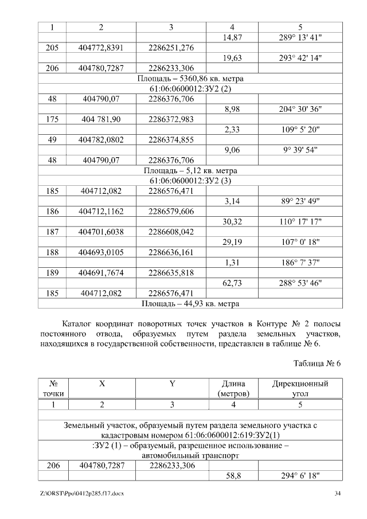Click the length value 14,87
tap(232, 37)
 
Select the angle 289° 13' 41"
tap(300, 37)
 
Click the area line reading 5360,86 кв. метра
tap(190, 79)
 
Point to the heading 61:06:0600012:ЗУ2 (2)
tap(190, 89)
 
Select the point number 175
tap(52, 119)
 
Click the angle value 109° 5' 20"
tap(300, 130)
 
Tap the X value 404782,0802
tap(101, 140)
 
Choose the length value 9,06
tap(232, 150)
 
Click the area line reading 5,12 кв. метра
tap(190, 170)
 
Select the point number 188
tap(52, 252)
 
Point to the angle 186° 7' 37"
tap(300, 262)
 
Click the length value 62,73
tap(232, 283)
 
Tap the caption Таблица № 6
tap(317, 364)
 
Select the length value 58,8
tap(232, 476)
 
